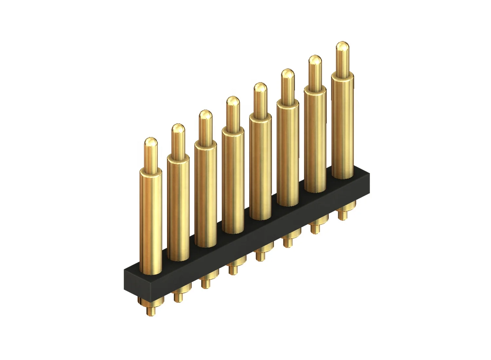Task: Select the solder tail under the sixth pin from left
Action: point(288,241)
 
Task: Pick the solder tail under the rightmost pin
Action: point(342,214)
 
